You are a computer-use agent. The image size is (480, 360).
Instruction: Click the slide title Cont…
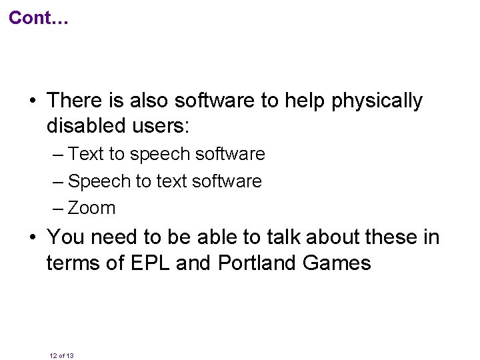pos(39,18)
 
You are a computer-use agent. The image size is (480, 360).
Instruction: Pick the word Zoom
pos(92,208)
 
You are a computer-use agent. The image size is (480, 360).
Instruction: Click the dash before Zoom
pos(58,208)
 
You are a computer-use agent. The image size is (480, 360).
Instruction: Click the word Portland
pos(257,263)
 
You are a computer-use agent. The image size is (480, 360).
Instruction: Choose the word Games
pos(337,263)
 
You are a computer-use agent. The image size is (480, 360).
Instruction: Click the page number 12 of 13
pos(61,356)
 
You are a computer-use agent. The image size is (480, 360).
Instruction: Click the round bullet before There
pos(32,101)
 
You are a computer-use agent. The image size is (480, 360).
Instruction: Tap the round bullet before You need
pos(32,237)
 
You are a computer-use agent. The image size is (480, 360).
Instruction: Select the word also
pos(147,101)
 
